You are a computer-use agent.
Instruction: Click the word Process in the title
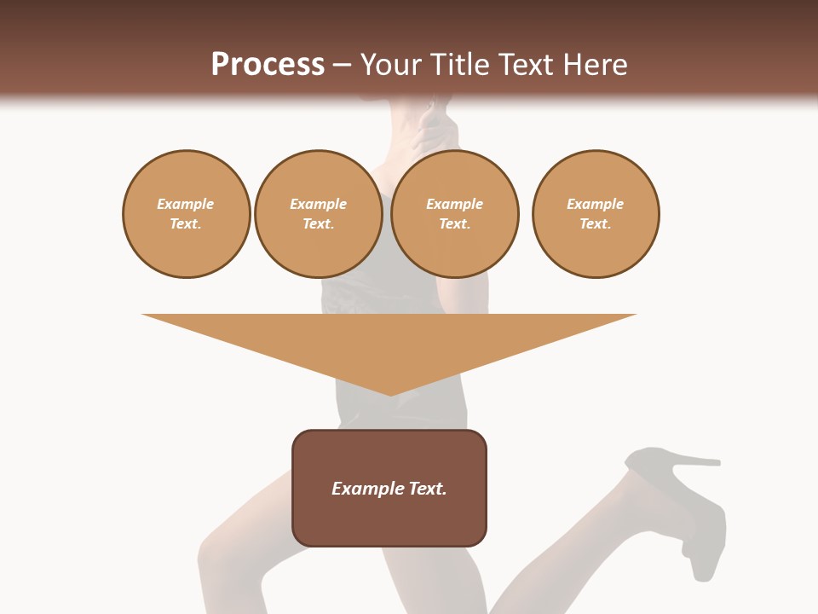coord(268,65)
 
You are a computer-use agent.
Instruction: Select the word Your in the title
coord(389,65)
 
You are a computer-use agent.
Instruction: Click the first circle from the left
coord(187,214)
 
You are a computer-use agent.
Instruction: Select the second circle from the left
coord(319,214)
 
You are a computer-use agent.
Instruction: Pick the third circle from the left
coord(455,214)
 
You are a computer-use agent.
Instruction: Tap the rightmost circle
coord(596,214)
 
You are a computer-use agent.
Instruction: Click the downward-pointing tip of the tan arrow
coord(390,393)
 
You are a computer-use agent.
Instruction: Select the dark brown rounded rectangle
coord(389,520)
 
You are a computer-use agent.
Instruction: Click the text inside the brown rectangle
coord(389,489)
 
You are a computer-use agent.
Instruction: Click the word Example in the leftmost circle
coord(186,204)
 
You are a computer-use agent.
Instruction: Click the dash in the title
coord(343,65)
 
